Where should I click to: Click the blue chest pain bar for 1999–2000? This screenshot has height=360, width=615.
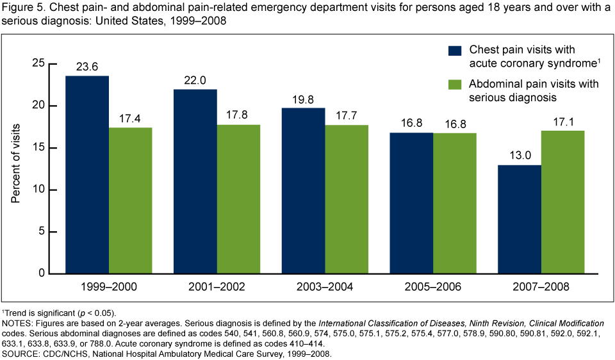(86, 174)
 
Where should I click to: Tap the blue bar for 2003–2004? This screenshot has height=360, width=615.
(303, 190)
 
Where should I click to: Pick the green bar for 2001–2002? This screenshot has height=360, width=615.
(238, 199)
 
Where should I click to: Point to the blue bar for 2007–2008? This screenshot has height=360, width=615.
(519, 219)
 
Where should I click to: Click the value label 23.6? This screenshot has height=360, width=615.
(86, 67)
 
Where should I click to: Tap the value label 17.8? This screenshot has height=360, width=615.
(238, 115)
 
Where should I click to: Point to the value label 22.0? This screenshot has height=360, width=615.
(195, 80)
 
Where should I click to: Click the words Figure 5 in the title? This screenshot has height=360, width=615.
(21, 8)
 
